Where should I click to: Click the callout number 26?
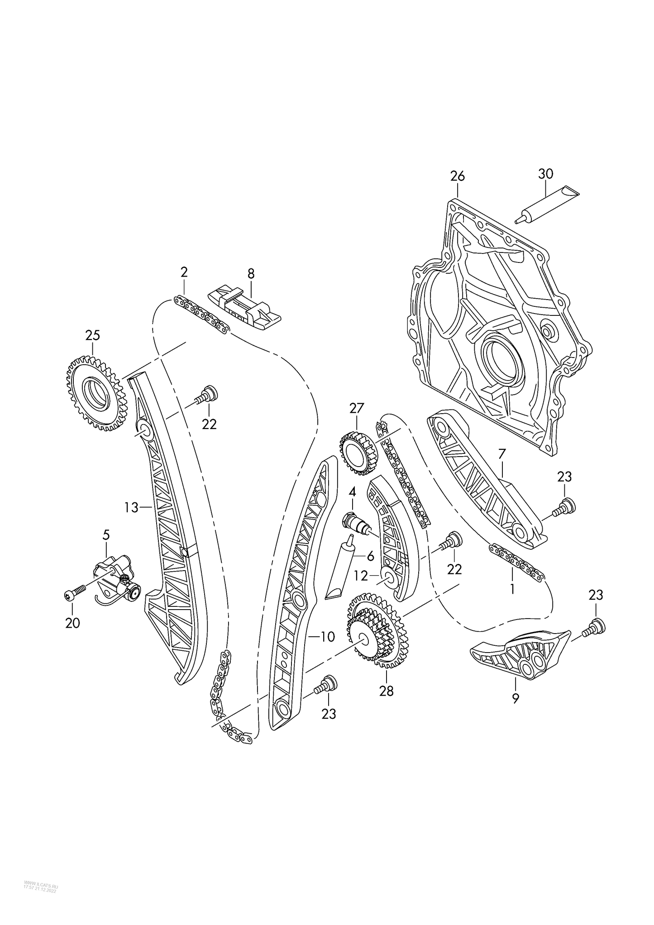457,176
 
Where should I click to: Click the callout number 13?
131,508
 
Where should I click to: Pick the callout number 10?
327,637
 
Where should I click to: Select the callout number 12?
361,576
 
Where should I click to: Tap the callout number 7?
501,453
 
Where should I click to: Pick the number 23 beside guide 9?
596,595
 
